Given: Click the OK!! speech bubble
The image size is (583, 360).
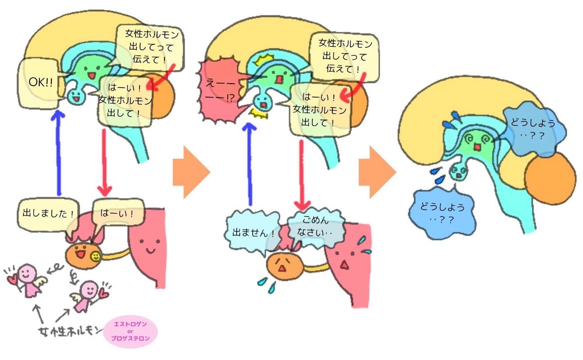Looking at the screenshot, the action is pyautogui.click(x=39, y=83).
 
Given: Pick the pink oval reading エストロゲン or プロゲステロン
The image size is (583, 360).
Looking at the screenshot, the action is pyautogui.click(x=130, y=332).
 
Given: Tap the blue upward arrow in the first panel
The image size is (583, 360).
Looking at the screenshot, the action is pyautogui.click(x=58, y=152).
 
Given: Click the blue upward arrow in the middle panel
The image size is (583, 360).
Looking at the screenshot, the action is pyautogui.click(x=250, y=163).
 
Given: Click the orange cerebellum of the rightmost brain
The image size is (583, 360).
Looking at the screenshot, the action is pyautogui.click(x=550, y=179).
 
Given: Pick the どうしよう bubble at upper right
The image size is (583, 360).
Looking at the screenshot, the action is pyautogui.click(x=533, y=129).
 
